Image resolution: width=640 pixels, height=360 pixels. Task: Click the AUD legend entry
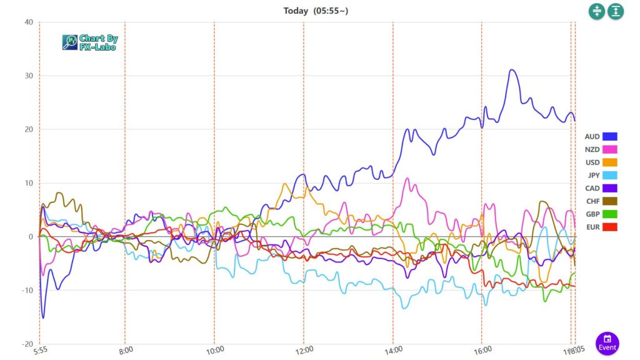[x=601, y=136]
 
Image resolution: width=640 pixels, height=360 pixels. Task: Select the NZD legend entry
[x=601, y=149]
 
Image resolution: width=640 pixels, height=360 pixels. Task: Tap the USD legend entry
[x=601, y=162]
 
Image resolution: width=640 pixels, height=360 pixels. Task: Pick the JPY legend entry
[x=601, y=175]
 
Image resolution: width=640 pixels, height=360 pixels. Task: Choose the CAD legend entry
[x=601, y=188]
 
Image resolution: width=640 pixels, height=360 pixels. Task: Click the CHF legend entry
[x=601, y=201]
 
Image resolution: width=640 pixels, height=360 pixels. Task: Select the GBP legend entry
[x=601, y=214]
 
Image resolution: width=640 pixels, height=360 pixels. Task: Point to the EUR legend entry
[x=601, y=226]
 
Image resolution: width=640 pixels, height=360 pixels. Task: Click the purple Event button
[x=607, y=343]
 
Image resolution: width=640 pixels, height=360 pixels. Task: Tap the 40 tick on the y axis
[x=28, y=22]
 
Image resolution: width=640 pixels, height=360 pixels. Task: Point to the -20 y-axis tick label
[x=27, y=344]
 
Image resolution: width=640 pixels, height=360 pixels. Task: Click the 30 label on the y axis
[x=28, y=76]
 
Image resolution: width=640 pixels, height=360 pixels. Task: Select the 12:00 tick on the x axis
[x=304, y=351]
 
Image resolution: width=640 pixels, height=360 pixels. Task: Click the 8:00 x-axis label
[x=126, y=351]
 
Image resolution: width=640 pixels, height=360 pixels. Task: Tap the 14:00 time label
[x=392, y=351]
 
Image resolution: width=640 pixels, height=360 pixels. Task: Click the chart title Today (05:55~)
[x=315, y=11]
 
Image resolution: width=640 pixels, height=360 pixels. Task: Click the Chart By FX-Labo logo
[x=90, y=42]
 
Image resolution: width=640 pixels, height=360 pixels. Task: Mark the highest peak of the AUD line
[x=512, y=70]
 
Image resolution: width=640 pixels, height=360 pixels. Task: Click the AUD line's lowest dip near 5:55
[x=43, y=317]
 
